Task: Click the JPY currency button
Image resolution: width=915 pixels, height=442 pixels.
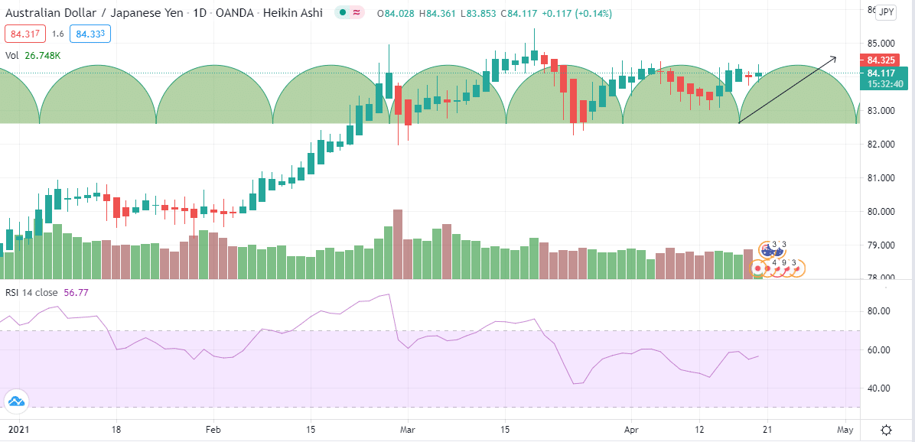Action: pyautogui.click(x=886, y=11)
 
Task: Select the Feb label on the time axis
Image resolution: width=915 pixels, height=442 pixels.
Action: pyautogui.click(x=213, y=430)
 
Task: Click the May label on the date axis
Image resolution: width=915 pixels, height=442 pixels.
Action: pyautogui.click(x=845, y=430)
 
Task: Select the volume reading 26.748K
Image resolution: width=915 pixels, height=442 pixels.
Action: pyautogui.click(x=43, y=55)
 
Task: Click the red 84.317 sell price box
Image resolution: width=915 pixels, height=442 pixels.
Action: pyautogui.click(x=25, y=34)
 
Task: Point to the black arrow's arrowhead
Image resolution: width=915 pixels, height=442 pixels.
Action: pyautogui.click(x=835, y=58)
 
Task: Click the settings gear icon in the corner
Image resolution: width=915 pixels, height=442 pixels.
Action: pyautogui.click(x=886, y=430)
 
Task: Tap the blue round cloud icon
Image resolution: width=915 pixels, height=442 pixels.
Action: pyautogui.click(x=15, y=401)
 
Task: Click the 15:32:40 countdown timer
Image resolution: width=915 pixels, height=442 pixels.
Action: pyautogui.click(x=884, y=84)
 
